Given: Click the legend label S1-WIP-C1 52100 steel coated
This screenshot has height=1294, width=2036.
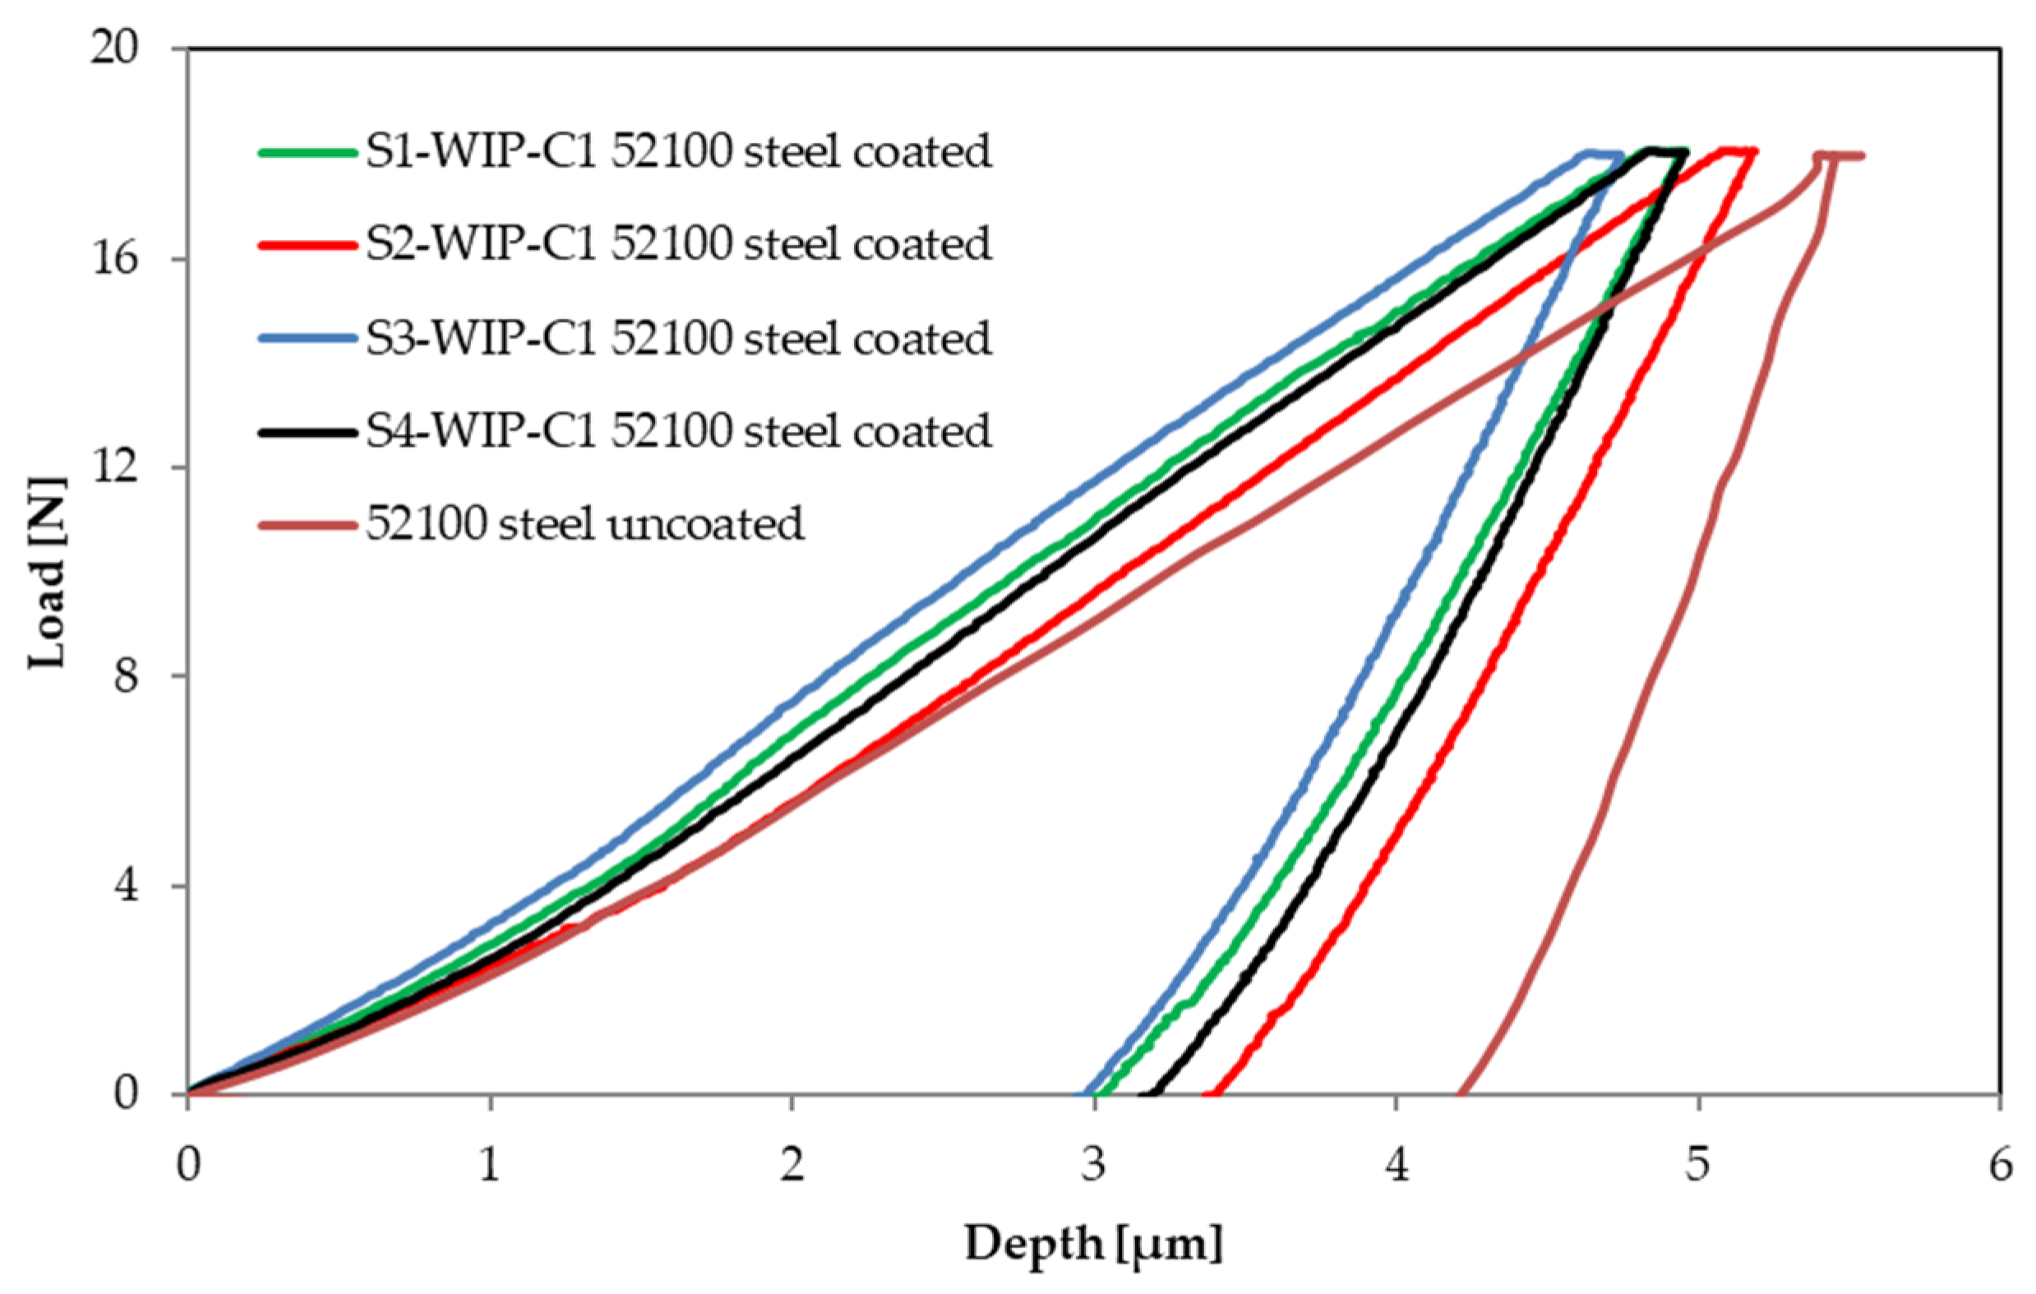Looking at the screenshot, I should click(678, 153).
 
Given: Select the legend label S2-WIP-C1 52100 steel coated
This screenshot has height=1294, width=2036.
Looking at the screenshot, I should click(678, 244).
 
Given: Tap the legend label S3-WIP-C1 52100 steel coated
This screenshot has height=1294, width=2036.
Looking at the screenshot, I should click(678, 338).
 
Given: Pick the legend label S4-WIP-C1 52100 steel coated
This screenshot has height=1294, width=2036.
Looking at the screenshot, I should click(678, 431).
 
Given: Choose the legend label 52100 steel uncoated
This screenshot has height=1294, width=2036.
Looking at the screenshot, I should click(584, 524).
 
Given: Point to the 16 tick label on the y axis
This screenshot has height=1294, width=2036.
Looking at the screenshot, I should click(114, 259).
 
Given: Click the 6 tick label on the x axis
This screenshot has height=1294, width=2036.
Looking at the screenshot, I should click(1999, 1167).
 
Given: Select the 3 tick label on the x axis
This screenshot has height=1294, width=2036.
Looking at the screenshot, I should click(1093, 1167).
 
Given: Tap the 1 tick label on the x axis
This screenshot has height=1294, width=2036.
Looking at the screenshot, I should click(490, 1167).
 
